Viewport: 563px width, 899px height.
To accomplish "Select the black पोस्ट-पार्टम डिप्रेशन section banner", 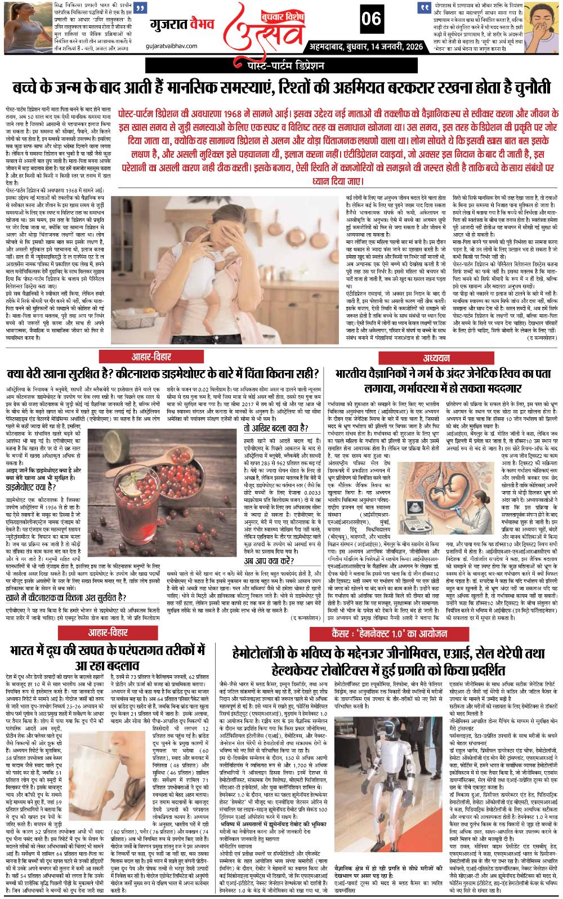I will [281, 66].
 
